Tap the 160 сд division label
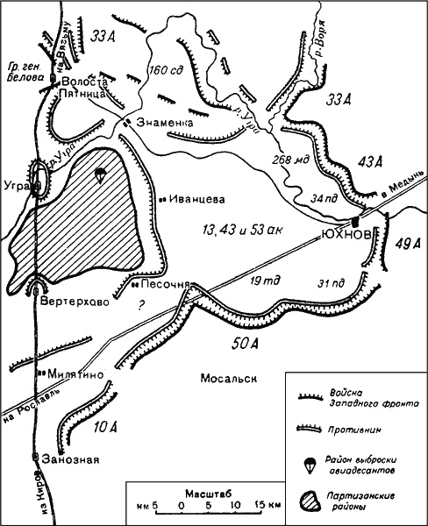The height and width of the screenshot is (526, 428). (165, 71)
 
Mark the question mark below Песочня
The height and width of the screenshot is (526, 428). (137, 307)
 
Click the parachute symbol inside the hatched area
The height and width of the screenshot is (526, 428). (100, 176)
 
